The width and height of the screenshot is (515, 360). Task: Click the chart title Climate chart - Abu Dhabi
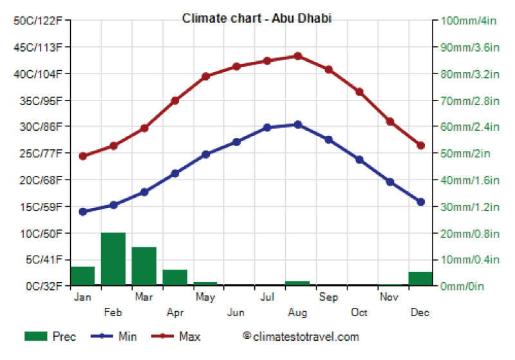click(x=257, y=18)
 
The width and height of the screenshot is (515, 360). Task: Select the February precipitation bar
click(x=113, y=259)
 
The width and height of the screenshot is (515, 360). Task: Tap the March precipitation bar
click(x=144, y=266)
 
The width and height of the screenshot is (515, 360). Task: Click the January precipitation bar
click(x=82, y=276)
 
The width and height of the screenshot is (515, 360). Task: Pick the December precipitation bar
click(x=420, y=278)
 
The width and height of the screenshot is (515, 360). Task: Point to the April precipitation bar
click(x=175, y=278)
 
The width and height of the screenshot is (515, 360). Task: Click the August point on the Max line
click(x=297, y=56)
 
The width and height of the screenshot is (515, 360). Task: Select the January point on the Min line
click(x=82, y=211)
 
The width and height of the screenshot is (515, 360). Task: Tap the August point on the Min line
click(x=297, y=124)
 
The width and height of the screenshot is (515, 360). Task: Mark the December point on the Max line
click(x=420, y=146)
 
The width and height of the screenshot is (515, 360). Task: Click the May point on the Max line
click(x=205, y=77)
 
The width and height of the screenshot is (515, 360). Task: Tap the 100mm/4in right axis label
click(x=469, y=21)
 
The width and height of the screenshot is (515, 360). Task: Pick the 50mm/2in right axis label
click(x=465, y=153)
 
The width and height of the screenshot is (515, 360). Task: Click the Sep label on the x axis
click(x=328, y=297)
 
